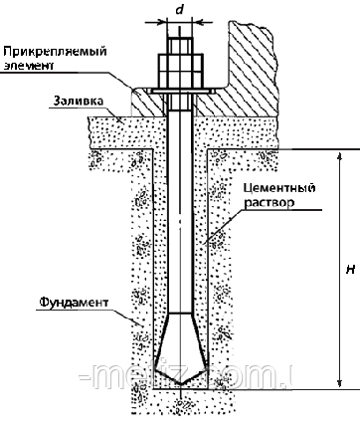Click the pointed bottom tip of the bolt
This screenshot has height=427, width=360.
point(180,387)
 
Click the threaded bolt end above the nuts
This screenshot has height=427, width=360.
point(180,40)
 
